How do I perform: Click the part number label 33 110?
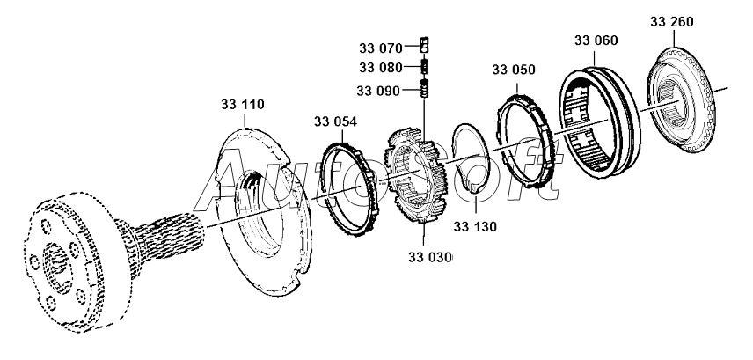(242, 105)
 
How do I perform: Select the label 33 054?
(335, 121)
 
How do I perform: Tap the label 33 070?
(380, 45)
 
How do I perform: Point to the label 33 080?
(380, 67)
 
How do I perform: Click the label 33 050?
(513, 70)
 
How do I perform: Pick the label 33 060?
(596, 40)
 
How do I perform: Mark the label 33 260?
(671, 18)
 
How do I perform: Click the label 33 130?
(475, 226)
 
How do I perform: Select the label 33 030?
(430, 257)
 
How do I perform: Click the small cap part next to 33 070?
(423, 44)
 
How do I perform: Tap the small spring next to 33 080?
(423, 67)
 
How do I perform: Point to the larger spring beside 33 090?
(423, 89)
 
